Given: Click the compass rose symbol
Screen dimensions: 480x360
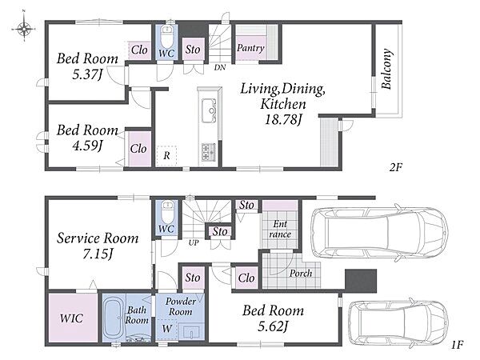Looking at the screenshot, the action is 24,29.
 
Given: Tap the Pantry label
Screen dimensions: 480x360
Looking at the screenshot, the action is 250,48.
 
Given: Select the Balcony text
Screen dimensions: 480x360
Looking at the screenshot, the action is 386,69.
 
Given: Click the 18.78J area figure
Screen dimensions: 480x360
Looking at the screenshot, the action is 283,119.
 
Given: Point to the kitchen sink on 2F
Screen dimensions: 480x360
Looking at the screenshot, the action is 209,111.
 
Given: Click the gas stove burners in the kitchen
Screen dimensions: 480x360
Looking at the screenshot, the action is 209,152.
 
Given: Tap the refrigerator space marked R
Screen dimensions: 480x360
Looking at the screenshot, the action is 166,156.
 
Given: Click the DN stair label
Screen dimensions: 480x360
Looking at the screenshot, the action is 220,67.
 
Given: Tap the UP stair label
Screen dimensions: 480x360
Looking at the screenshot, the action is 194,242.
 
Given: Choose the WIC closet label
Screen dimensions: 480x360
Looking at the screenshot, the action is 72,318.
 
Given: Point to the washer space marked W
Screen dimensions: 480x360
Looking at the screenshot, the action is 167,329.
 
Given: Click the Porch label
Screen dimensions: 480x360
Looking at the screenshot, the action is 301,273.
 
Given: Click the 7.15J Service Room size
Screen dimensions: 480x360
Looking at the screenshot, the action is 98,254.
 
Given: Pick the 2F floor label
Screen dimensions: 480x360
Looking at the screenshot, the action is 396,167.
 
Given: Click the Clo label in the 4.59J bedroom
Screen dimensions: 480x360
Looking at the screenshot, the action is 138,149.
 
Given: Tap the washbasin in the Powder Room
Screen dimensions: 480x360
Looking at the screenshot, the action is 190,331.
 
